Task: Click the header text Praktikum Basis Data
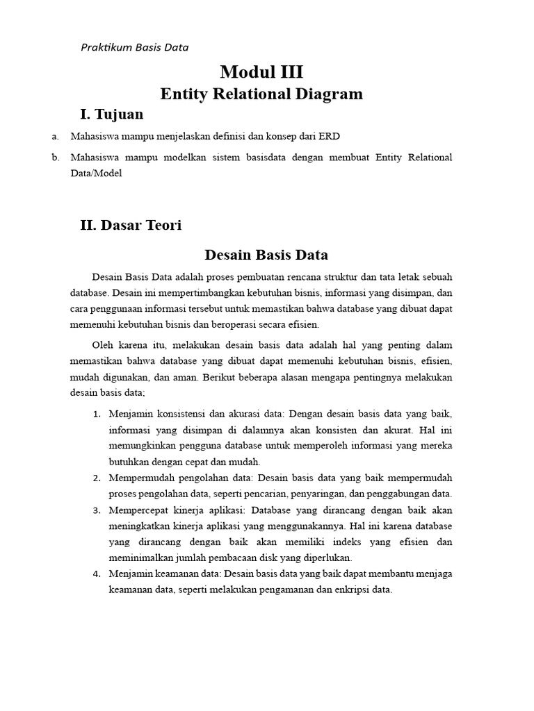pos(135,47)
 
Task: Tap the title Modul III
pos(261,72)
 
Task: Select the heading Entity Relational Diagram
pos(261,94)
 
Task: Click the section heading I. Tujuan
pos(112,114)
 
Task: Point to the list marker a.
pos(55,136)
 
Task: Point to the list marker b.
pos(55,158)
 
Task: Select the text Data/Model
pos(96,174)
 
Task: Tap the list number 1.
pos(97,414)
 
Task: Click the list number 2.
pos(97,478)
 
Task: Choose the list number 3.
pos(97,510)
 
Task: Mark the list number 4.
pos(97,574)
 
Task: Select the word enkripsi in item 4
pos(348,589)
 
